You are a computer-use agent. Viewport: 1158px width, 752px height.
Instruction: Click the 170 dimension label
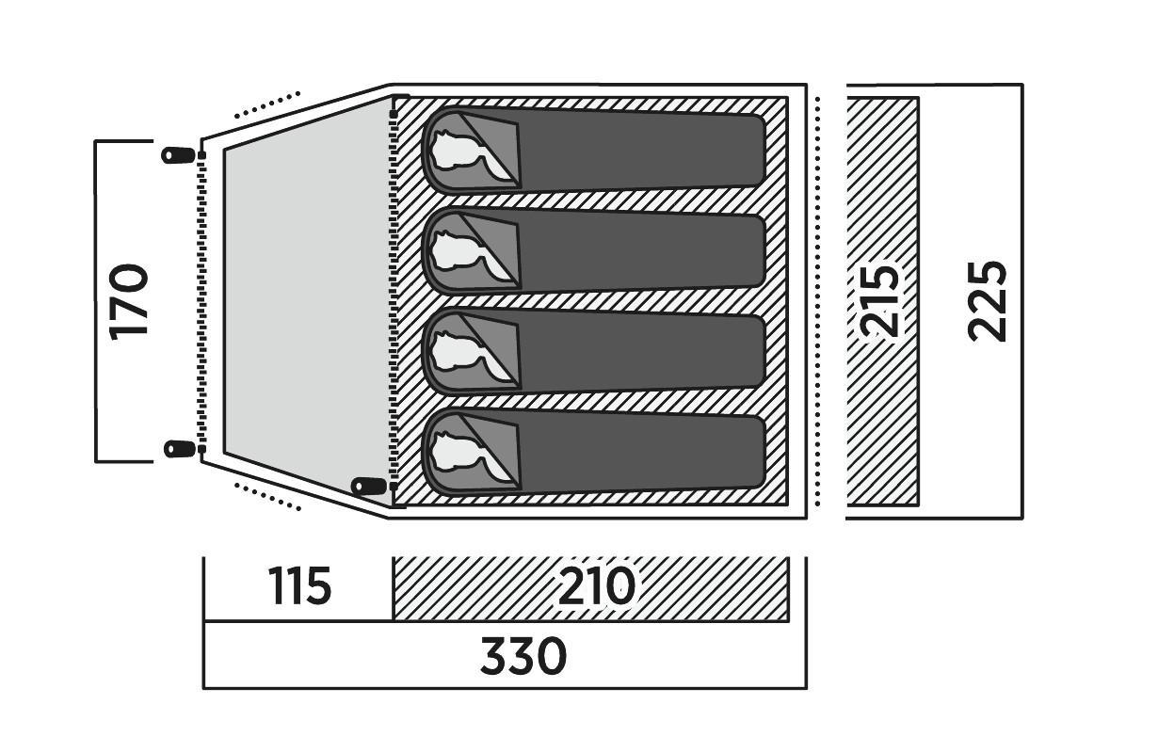coord(130,301)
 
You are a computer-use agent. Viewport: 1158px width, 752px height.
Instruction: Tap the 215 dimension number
coord(879,301)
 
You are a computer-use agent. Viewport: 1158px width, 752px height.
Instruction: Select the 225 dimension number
coord(988,301)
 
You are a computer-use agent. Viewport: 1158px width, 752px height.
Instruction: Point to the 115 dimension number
coord(300,587)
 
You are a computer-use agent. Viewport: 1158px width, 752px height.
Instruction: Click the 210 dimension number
coord(597,587)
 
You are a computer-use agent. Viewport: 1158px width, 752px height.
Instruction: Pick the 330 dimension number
coord(523,656)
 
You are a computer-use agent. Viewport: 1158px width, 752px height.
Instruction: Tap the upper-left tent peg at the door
coord(178,155)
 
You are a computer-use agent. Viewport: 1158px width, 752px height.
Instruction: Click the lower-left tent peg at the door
coord(178,449)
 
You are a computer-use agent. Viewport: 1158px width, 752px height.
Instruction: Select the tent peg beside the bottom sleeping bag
coord(368,487)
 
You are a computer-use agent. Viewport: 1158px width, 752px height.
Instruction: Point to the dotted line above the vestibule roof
coord(266,104)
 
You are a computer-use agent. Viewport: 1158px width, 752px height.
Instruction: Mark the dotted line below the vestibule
coord(266,497)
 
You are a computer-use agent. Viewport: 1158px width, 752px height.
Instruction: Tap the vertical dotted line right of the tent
coord(819,301)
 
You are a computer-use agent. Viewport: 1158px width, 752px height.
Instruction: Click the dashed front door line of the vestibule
coord(201,301)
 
